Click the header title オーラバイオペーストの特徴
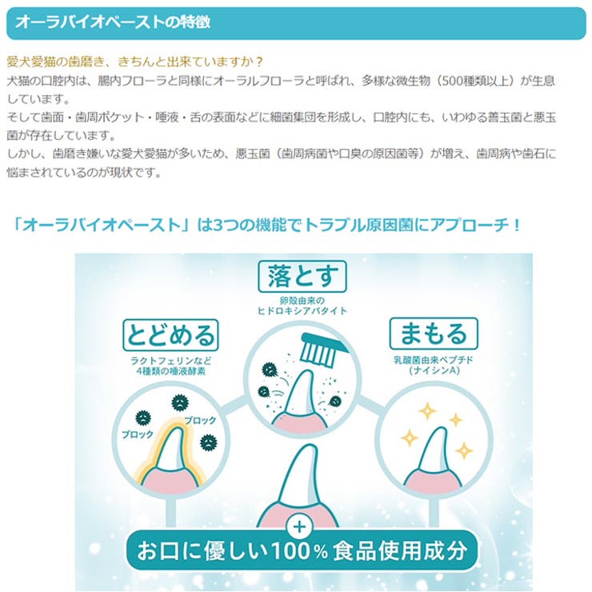tap(113, 22)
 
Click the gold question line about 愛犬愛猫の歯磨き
tap(134, 62)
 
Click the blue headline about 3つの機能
tap(266, 226)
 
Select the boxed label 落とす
tap(302, 276)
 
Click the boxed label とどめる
tap(170, 335)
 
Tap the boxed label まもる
tap(434, 334)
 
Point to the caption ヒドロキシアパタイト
tap(302, 310)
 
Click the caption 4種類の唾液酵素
tap(170, 371)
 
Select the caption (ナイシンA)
tap(434, 370)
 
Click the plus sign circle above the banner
tap(300, 527)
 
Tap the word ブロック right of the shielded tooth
tap(200, 420)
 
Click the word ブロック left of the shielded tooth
tap(138, 434)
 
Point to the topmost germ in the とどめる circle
tap(180, 402)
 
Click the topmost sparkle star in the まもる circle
tap(427, 411)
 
